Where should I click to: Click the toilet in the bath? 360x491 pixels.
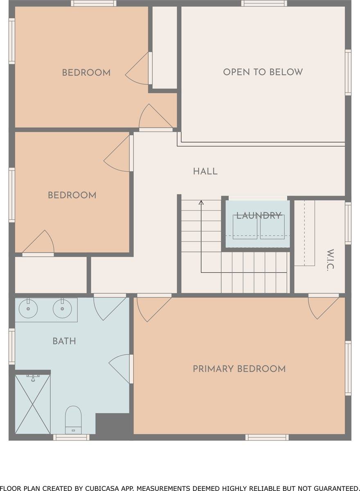point(73,419)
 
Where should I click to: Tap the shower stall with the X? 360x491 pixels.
point(33,404)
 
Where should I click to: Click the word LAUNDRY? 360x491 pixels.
point(259,216)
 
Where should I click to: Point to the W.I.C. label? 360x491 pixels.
point(331,260)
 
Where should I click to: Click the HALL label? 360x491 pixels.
point(205,171)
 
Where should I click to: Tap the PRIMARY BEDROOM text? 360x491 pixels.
point(239,369)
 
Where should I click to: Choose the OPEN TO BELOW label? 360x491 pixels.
point(263,72)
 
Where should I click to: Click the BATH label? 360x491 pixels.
point(64,341)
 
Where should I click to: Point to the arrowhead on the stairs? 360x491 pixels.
point(201,202)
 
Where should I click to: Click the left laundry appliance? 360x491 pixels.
point(245,227)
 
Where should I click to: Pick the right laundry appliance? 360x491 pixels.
point(272,227)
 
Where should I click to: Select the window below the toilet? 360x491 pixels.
point(71,437)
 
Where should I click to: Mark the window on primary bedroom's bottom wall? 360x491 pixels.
point(267,437)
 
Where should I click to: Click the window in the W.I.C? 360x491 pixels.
point(348,223)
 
